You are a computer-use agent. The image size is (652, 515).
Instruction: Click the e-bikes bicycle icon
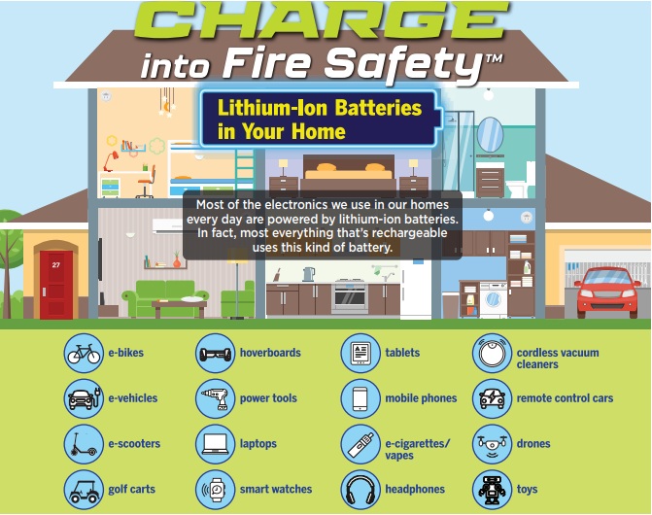84,353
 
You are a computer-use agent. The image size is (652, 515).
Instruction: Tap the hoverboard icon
215,353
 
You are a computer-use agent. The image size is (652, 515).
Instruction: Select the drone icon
492,444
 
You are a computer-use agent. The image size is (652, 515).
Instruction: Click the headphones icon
360,490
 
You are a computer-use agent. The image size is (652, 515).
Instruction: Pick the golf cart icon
84,490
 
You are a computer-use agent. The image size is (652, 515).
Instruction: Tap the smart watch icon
215,490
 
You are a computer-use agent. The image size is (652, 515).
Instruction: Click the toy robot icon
492,490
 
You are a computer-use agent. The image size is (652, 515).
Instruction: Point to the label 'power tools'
268,398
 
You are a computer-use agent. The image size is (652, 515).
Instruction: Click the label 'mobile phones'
421,398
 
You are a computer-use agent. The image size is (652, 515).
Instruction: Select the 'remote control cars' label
565,398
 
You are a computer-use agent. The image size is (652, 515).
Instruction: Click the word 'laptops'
258,444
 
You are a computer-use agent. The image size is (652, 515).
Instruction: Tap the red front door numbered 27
56,285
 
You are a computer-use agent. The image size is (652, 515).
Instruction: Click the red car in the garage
607,292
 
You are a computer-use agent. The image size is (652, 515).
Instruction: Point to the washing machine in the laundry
494,300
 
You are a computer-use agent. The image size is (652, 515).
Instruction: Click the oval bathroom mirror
490,135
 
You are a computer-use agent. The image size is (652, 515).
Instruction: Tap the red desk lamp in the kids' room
111,161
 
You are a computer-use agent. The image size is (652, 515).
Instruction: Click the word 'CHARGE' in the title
322,20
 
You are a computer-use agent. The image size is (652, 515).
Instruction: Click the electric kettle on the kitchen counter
309,274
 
